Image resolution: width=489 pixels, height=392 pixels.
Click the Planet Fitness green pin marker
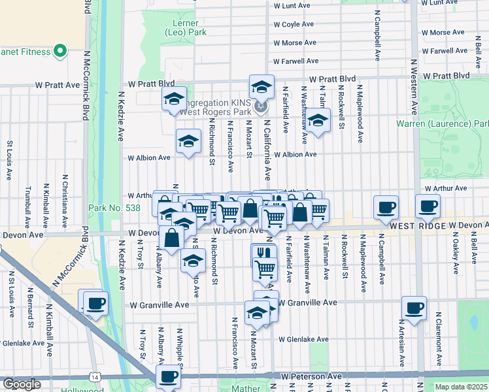click(x=60, y=50)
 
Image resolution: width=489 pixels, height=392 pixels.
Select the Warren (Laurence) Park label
click(x=443, y=123)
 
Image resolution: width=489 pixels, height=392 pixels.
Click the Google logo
click(x=22, y=384)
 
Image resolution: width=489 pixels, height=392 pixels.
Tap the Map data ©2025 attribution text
click(x=461, y=387)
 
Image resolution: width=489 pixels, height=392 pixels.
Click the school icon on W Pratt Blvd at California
click(x=261, y=87)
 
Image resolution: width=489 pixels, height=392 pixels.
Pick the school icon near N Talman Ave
click(x=318, y=122)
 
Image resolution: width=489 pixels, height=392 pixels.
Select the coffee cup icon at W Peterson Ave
click(x=168, y=376)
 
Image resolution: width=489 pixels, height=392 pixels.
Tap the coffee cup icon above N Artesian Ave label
click(x=413, y=308)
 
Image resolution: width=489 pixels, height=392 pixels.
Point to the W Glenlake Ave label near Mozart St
click(x=302, y=340)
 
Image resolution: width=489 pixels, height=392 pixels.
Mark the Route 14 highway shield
click(x=96, y=378)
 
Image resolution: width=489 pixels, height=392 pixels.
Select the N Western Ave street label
click(x=414, y=85)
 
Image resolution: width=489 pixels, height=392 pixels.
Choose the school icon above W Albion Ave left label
click(x=188, y=141)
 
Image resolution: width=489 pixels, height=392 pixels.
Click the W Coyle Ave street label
click(x=294, y=24)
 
